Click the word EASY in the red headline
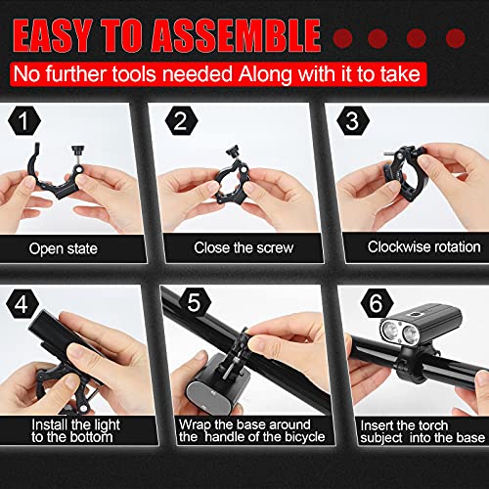[x=53, y=35]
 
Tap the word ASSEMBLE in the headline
[x=236, y=35]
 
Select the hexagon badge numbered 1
[x=24, y=120]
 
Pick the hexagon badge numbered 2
[x=181, y=120]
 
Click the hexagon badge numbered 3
[x=353, y=120]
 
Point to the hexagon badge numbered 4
[x=22, y=304]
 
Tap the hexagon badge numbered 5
[x=195, y=302]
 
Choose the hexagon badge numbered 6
[x=377, y=303]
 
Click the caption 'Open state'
[x=64, y=248]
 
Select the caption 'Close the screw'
[x=244, y=247]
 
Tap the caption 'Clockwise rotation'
[x=424, y=246]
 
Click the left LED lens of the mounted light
[x=390, y=331]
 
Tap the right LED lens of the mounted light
[x=410, y=334]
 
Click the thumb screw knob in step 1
[x=78, y=150]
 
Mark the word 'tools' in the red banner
[x=134, y=73]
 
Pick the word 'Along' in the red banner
[x=266, y=74]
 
